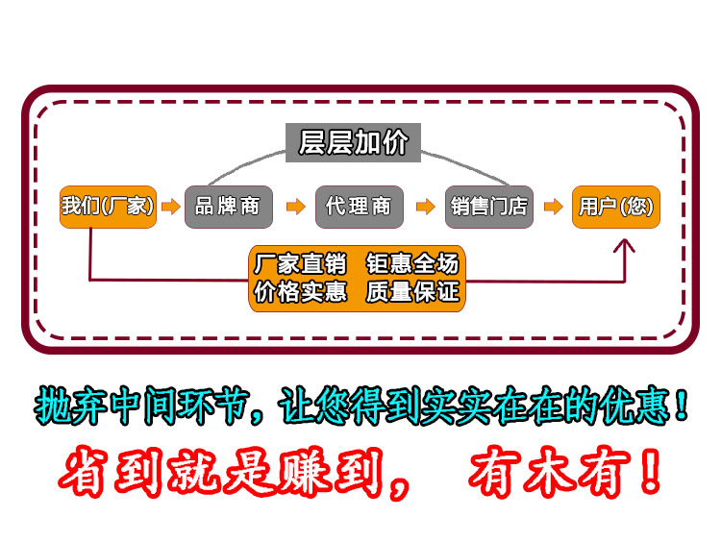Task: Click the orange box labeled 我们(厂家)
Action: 108,207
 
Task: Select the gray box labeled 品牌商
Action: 229,207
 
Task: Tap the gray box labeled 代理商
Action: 360,207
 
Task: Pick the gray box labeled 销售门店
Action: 489,207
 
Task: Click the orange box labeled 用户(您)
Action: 616,207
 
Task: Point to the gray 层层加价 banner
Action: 353,142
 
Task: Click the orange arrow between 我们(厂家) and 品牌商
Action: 170,207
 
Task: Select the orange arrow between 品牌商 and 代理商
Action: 296,207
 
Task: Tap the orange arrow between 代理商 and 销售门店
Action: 425,207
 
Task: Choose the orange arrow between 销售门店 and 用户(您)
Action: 553,207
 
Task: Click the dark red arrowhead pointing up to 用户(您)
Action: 624,245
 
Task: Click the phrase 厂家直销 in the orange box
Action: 300,264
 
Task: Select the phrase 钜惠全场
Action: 412,264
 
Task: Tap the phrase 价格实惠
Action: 300,291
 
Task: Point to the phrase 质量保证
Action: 412,291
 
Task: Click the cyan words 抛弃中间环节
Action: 142,405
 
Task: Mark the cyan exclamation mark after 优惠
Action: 682,405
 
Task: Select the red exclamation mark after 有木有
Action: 650,470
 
